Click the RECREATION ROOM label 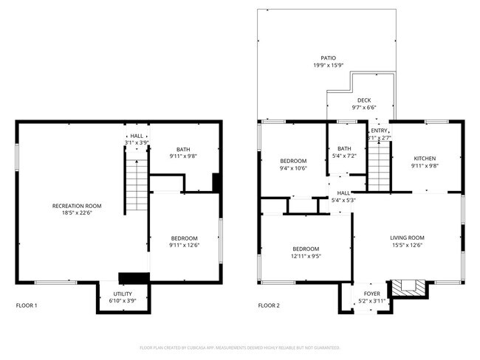[x=76, y=206]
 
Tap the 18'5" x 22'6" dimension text [x=76, y=213]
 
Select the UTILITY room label [x=123, y=293]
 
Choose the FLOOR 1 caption [x=27, y=305]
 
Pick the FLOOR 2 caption [x=269, y=305]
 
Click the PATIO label [x=327, y=58]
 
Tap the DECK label [x=364, y=100]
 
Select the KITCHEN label [x=424, y=159]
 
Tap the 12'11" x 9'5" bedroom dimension [x=306, y=256]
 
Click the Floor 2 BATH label [x=345, y=148]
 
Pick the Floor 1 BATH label [x=182, y=150]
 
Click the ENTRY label [x=379, y=131]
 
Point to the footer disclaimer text [x=240, y=347]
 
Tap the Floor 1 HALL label [x=137, y=136]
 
